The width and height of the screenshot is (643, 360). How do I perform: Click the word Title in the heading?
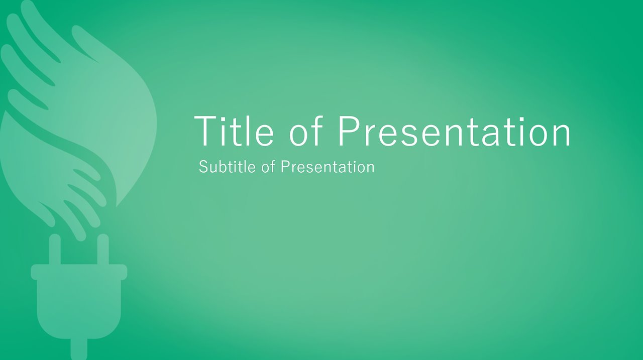(x=234, y=131)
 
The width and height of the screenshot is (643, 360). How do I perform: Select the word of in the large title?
(x=306, y=131)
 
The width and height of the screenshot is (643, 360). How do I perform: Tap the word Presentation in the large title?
(x=454, y=132)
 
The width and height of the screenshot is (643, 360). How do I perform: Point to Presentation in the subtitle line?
(x=328, y=167)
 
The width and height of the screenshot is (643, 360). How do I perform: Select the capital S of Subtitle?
(x=203, y=167)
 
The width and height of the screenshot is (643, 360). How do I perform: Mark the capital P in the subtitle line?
(x=285, y=167)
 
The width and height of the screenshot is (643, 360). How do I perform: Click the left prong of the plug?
(x=55, y=249)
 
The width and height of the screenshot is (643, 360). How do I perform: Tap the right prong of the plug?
(x=103, y=249)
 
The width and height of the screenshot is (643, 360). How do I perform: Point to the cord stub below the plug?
(x=79, y=349)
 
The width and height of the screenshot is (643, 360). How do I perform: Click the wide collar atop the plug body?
(x=79, y=272)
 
